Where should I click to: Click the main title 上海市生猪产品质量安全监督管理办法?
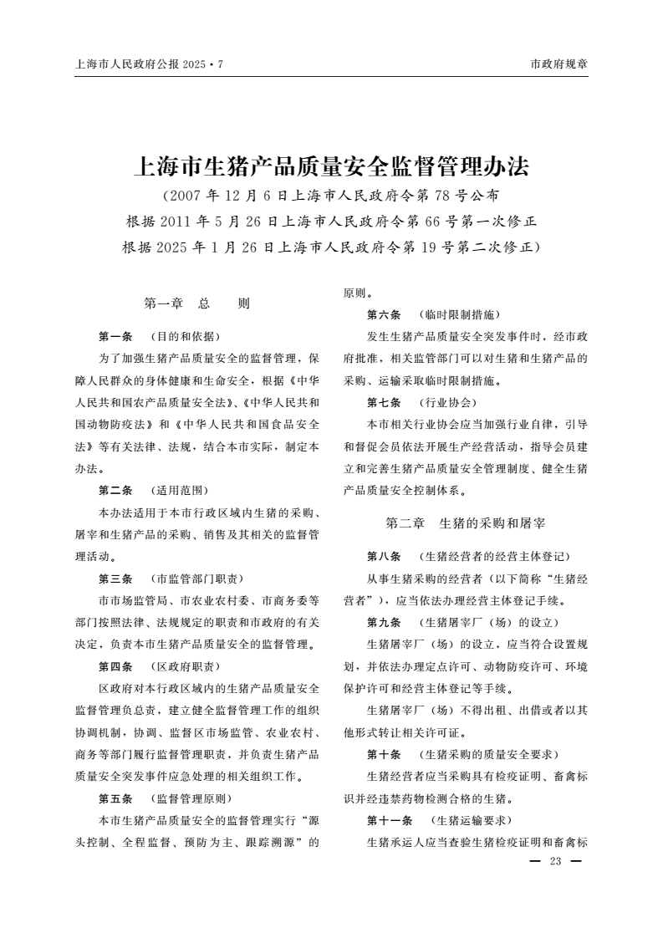[332, 166]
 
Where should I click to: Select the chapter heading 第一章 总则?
[197, 303]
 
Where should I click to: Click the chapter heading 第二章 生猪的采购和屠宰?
[466, 523]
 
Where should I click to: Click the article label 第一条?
[115, 336]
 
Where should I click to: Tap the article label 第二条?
[115, 490]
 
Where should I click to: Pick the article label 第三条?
[115, 578]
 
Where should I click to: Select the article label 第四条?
[115, 666]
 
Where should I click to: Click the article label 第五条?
[115, 798]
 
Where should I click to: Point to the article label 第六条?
[384, 314]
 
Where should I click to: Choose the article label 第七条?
[384, 402]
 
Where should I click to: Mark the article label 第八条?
[384, 556]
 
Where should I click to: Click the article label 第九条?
[384, 622]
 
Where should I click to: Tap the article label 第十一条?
[389, 819]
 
